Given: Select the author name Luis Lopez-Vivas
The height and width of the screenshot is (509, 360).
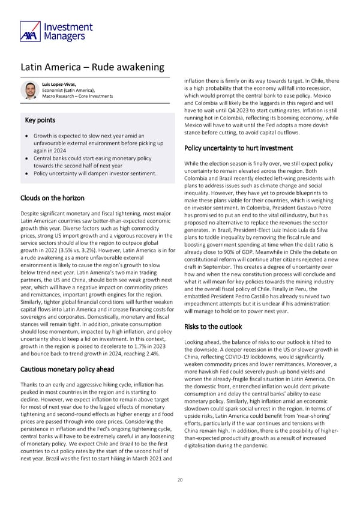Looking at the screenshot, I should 59,85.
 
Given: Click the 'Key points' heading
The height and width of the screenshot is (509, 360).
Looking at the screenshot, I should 40,120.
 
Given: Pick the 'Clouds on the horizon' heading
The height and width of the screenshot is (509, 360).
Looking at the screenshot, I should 52,198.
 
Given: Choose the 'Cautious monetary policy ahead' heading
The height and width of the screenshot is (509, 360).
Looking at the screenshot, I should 67,369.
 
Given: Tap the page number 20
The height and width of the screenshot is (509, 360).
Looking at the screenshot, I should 179,480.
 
